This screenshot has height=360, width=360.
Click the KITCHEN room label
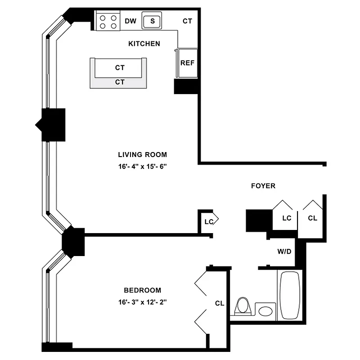144,44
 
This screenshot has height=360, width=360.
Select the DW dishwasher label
130,21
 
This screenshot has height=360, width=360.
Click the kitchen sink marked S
153,21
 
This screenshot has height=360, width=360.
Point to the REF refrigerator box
187,63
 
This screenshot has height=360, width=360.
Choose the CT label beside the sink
188,21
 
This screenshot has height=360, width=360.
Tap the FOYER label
263,186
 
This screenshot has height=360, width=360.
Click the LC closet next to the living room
208,221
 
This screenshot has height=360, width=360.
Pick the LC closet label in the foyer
287,218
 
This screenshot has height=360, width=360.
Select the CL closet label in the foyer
313,218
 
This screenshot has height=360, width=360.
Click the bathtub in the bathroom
291,295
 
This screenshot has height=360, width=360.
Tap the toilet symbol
243,306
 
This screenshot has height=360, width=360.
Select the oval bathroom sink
265,311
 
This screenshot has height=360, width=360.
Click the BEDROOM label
142,290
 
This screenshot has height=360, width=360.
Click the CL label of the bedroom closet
219,303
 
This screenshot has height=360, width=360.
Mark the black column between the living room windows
53,124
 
